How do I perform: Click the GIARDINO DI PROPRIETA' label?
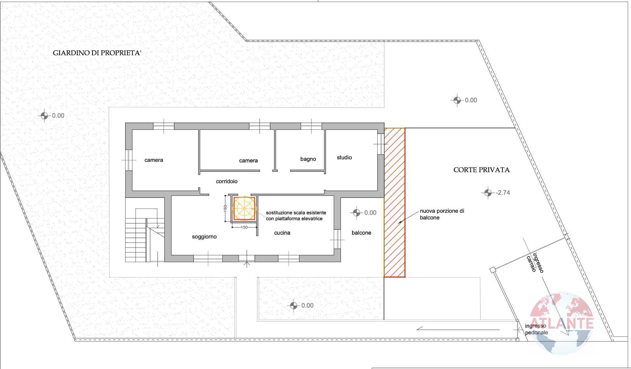[97, 53]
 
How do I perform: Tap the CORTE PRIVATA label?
[481, 170]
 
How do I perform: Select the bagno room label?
[308, 159]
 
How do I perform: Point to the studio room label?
[344, 158]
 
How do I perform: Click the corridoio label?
[226, 181]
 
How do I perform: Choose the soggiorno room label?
[204, 237]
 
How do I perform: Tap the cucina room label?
[282, 233]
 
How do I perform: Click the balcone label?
[361, 233]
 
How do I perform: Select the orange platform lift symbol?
[244, 208]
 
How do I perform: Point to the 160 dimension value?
[225, 208]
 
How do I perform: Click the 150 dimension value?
[244, 227]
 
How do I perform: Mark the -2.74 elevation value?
[503, 193]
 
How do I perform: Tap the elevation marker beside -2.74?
[487, 193]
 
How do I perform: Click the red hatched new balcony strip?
[394, 202]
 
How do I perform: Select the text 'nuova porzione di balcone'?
[441, 214]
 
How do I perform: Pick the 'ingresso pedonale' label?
[536, 329]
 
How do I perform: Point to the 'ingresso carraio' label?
[535, 263]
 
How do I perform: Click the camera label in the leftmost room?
[153, 160]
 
